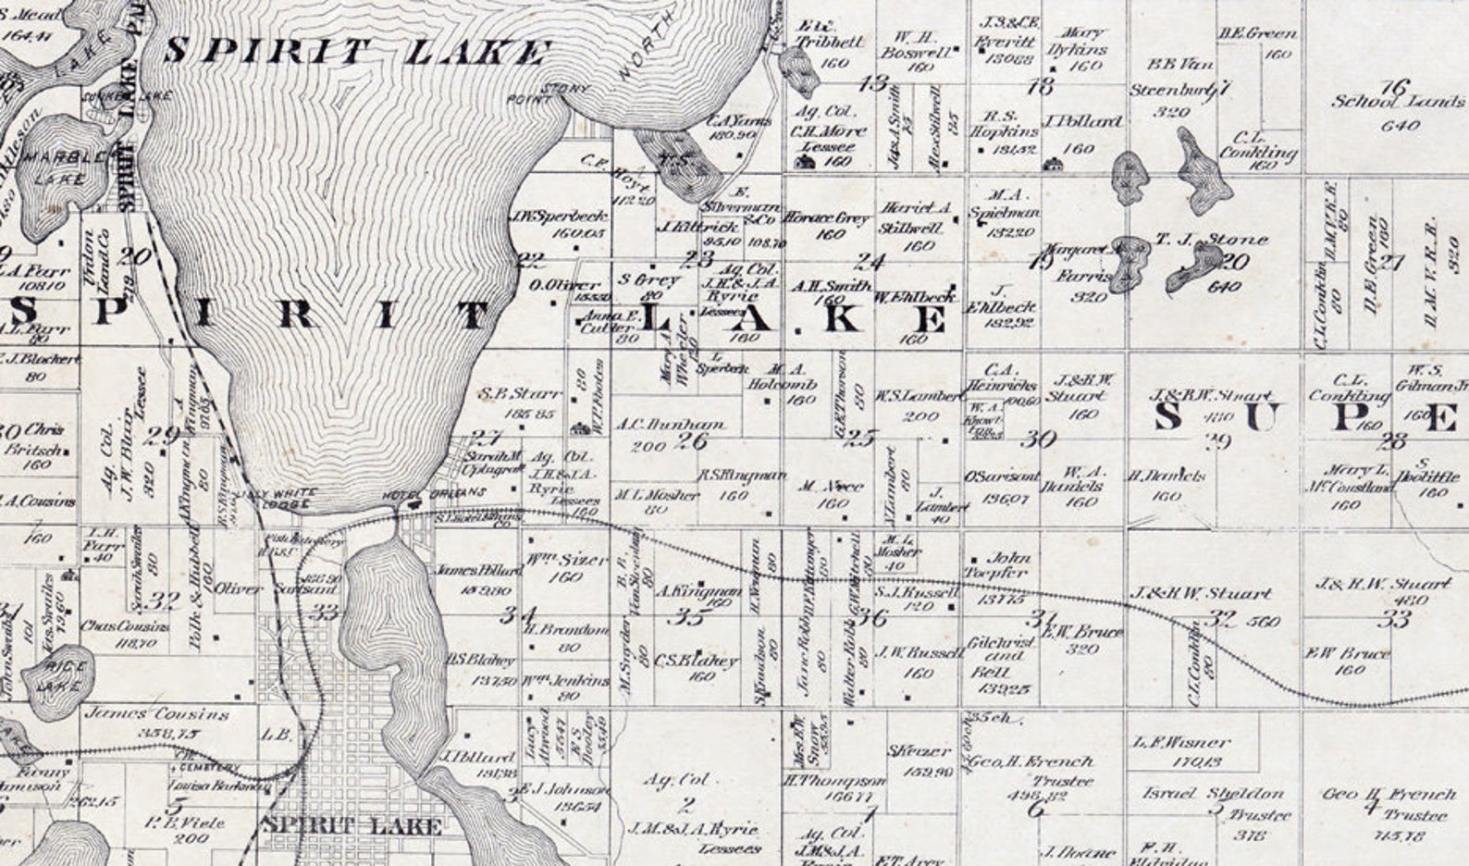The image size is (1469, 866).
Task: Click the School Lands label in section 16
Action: click(x=1398, y=101)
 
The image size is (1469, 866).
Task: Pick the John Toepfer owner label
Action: click(x=1008, y=565)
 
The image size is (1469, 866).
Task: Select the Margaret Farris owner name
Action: click(x=1083, y=263)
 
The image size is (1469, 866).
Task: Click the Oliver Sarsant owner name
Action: click(x=277, y=588)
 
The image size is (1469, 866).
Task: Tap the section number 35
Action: click(x=689, y=618)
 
